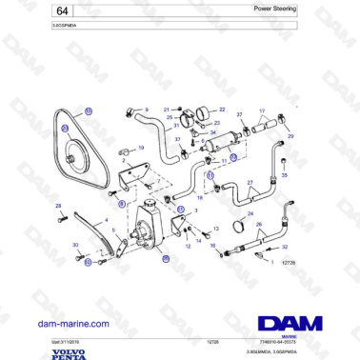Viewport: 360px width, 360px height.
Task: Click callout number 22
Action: [221, 109]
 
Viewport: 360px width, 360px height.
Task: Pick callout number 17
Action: [262, 110]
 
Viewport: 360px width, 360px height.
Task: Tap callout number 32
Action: [284, 247]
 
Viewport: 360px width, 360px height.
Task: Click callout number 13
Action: [217, 229]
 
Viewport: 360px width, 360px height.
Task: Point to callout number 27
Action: [250, 182]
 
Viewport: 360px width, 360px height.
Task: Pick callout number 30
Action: [75, 245]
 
